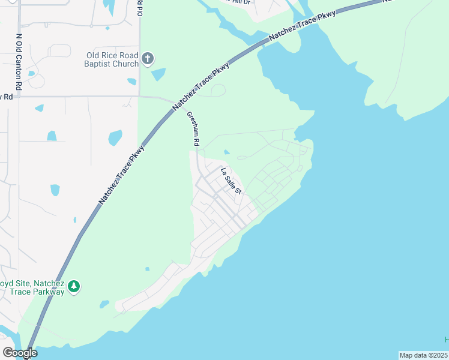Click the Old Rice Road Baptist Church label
[112, 59]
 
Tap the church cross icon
[148, 59]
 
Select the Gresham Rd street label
[192, 129]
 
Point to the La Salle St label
[231, 181]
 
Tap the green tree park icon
[74, 287]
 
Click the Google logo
[20, 353]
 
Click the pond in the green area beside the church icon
[158, 74]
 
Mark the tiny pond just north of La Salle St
[226, 152]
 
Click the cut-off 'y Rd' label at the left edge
[7, 96]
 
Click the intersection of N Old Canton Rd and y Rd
[19, 96]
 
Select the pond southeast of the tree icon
[105, 304]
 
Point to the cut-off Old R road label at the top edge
[140, 7]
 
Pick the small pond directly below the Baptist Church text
[132, 80]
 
